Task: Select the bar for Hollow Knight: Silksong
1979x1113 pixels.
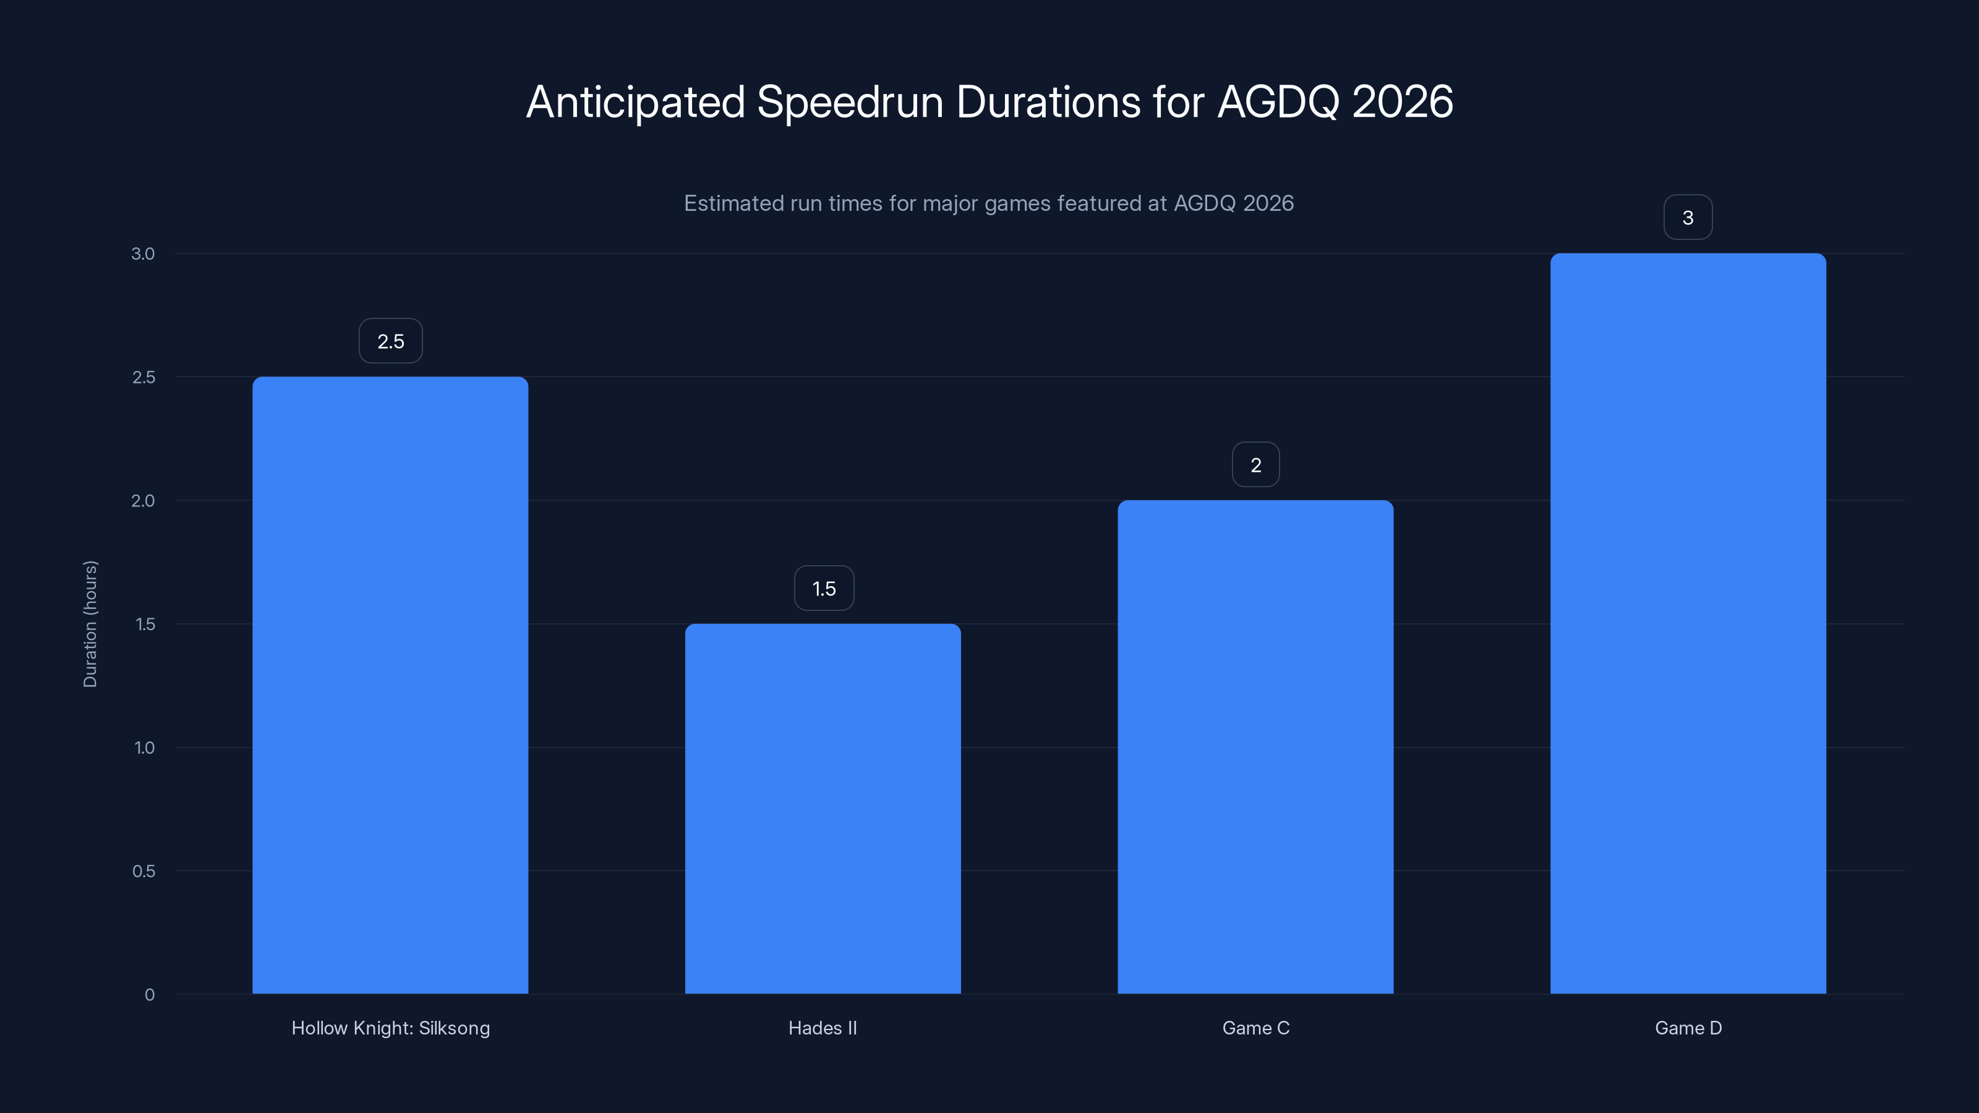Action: click(x=390, y=685)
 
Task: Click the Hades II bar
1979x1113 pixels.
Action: click(x=823, y=808)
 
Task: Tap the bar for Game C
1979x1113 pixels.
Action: click(x=1255, y=746)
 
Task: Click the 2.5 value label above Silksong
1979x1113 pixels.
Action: click(x=390, y=341)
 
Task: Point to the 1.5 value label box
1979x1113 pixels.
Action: click(x=824, y=589)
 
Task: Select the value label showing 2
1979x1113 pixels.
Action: click(x=1255, y=465)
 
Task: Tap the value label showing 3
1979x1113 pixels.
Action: click(x=1688, y=218)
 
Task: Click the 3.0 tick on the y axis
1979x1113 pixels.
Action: click(x=143, y=254)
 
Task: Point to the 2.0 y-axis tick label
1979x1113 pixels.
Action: click(x=143, y=501)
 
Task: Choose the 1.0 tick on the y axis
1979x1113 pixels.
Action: click(x=143, y=748)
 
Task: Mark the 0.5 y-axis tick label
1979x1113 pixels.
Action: click(x=143, y=871)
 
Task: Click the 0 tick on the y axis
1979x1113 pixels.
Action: click(x=149, y=995)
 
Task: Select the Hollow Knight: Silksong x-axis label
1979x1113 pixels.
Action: click(x=390, y=1028)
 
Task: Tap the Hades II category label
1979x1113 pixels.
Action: click(x=823, y=1028)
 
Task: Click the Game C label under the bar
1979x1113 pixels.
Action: click(x=1255, y=1028)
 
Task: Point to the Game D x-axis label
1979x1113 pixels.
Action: click(x=1688, y=1028)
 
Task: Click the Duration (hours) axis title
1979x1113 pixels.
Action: click(x=91, y=624)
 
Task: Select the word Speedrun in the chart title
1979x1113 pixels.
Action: click(x=850, y=102)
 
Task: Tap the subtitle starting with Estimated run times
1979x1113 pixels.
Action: click(x=989, y=203)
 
